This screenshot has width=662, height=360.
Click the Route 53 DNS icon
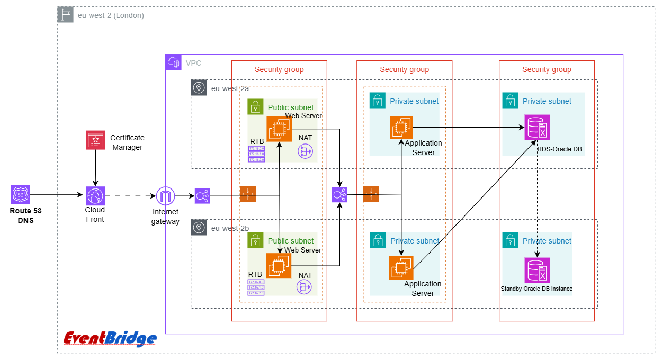pos(21,195)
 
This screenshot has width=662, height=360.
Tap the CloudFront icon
pos(95,195)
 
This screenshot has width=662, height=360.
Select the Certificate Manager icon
pos(96,140)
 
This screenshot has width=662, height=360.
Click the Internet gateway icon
pos(166,196)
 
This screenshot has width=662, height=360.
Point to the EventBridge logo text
pos(110,339)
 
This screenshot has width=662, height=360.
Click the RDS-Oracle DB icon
pos(537,128)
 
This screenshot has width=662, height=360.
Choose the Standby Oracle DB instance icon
pos(537,270)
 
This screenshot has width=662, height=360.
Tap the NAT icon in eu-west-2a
pos(306,152)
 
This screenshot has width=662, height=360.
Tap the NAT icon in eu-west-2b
pos(305,287)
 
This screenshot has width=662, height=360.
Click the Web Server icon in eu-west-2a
pos(279,129)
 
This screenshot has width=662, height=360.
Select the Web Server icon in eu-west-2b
pos(279,266)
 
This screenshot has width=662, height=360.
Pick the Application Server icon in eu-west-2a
pos(401,128)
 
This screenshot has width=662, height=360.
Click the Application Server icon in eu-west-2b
pos(401,267)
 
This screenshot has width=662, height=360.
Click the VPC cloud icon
pos(173,62)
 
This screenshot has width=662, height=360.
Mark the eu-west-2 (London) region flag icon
pos(65,15)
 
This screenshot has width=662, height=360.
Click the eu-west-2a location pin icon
pos(199,88)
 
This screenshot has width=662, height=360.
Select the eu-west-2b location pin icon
pos(199,228)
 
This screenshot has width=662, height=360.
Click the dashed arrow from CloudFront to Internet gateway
pos(130,196)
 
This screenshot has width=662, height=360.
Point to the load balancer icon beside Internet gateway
pos(202,196)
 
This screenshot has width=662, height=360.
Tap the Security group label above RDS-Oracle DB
pos(547,69)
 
